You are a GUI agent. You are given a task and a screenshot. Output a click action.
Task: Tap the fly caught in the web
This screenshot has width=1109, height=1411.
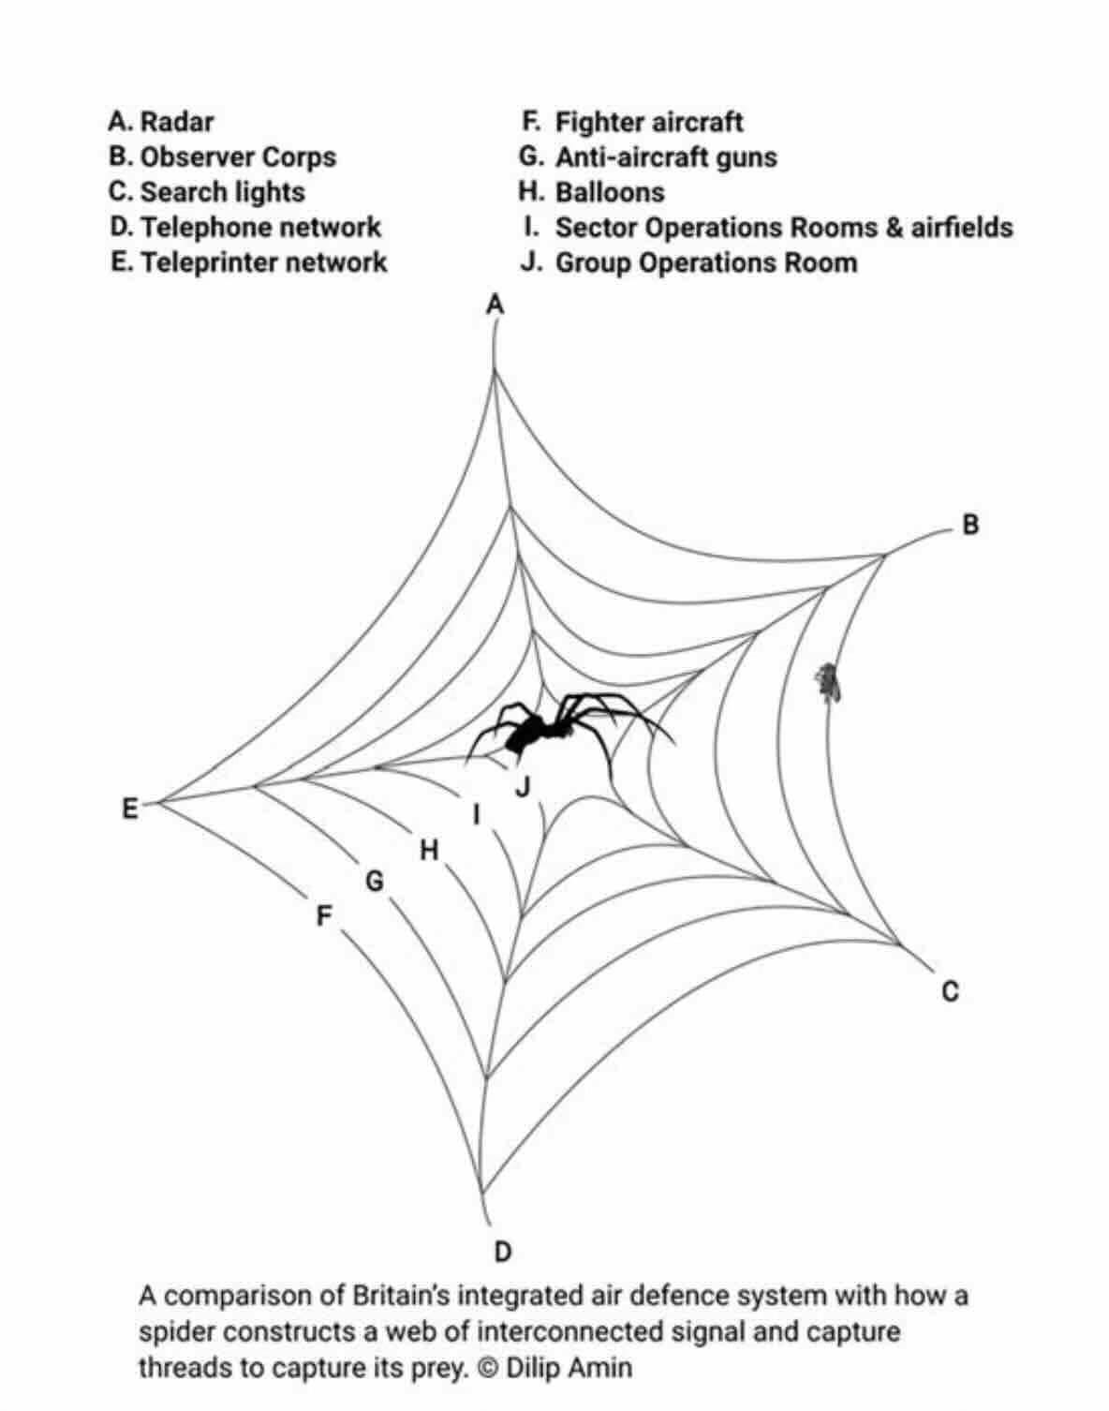tap(826, 683)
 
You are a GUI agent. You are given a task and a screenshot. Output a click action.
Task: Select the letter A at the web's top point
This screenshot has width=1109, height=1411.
tap(495, 304)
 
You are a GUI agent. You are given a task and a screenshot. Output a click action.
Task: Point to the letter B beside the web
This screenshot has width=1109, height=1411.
tap(970, 525)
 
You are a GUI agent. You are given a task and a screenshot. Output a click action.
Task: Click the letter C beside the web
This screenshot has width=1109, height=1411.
tap(950, 990)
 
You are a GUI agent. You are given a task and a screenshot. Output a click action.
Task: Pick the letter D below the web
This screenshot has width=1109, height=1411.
tap(503, 1252)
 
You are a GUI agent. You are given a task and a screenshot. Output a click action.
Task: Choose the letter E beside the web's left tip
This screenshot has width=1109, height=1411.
tap(130, 808)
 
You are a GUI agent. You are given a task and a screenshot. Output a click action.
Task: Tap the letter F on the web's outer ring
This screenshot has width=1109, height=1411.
tap(323, 915)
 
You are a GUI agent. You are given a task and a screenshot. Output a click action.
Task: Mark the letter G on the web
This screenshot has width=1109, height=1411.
tap(374, 882)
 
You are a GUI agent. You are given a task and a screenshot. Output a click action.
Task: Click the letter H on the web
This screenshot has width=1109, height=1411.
tap(429, 850)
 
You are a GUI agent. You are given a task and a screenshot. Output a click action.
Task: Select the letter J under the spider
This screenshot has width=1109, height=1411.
tap(523, 787)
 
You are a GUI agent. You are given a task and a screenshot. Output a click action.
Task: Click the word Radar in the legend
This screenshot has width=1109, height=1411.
tap(176, 122)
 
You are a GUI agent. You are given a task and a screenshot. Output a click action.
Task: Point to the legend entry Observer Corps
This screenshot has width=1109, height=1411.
tap(237, 156)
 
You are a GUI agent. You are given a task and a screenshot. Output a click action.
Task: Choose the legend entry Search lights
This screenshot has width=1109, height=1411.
tap(222, 192)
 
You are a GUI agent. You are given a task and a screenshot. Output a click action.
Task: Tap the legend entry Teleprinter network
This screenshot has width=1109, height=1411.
tap(263, 262)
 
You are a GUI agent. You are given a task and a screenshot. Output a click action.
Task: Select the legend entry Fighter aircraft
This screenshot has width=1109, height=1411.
tap(648, 122)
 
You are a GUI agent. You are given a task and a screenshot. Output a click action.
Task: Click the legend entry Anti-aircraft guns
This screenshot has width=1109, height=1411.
tap(665, 156)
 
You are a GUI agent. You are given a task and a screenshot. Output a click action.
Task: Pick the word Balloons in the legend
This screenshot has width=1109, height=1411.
tap(610, 192)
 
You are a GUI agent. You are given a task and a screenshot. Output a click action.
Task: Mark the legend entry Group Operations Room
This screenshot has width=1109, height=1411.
tap(705, 262)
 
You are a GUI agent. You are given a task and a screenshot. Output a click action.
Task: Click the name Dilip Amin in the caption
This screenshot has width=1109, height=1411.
tap(569, 1367)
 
